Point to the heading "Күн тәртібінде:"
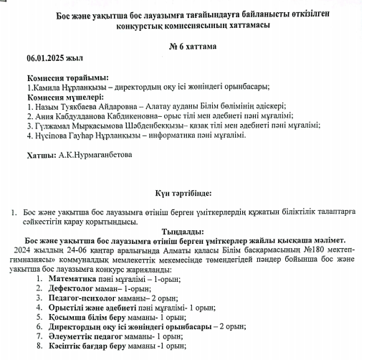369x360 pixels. (x=183, y=193)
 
